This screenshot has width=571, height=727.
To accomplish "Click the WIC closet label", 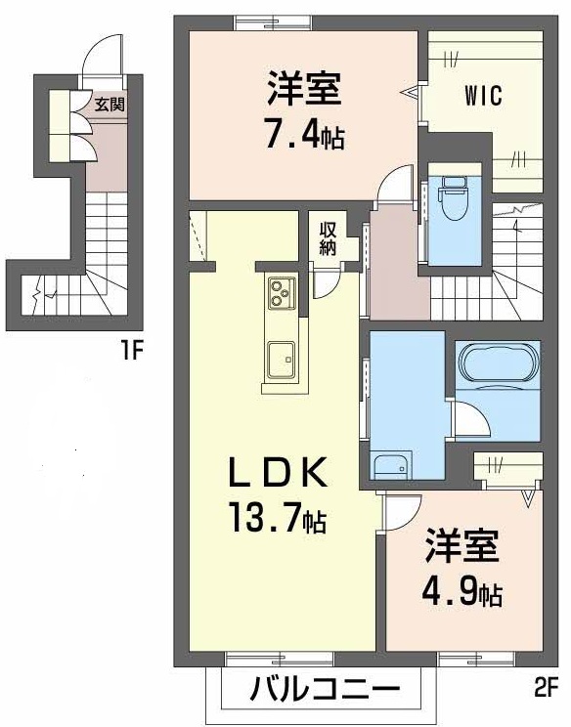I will point(483,96).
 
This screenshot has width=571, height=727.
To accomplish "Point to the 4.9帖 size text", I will point(463,592).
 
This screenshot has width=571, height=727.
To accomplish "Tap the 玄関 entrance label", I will point(109,101).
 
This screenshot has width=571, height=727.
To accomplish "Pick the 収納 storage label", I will point(328,237).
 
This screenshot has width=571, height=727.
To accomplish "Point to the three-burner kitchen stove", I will point(282,291).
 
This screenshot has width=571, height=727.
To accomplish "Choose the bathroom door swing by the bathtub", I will point(469,419).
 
